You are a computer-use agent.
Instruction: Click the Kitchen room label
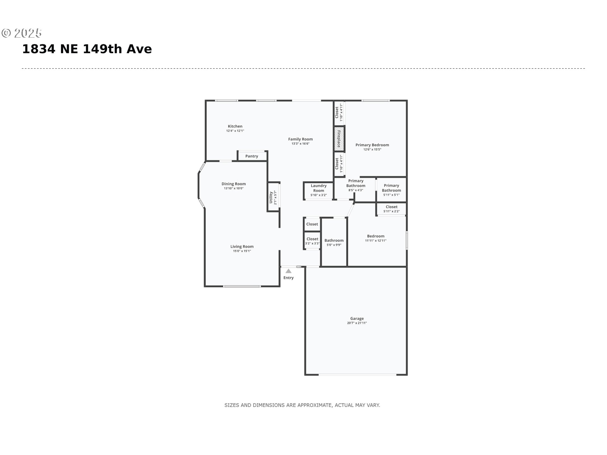(x=235, y=126)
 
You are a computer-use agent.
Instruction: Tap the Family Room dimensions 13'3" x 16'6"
(x=300, y=144)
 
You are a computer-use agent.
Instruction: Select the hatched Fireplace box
(x=339, y=139)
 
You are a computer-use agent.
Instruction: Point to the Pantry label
(x=252, y=156)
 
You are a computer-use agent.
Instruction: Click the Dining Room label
(x=234, y=184)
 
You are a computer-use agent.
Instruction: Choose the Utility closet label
(x=271, y=197)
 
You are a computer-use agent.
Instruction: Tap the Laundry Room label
(x=319, y=188)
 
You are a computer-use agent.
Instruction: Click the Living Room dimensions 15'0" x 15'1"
(x=242, y=251)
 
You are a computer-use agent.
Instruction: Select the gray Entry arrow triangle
(x=288, y=271)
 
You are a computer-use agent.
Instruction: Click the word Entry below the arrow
(x=288, y=278)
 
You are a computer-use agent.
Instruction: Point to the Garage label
(x=357, y=318)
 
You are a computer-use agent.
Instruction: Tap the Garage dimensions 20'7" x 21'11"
(x=357, y=323)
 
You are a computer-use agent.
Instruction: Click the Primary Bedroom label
(x=372, y=145)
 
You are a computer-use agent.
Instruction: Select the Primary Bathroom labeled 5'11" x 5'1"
(x=391, y=190)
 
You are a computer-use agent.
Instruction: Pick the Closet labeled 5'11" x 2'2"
(x=391, y=209)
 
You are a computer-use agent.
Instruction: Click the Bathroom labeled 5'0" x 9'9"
(x=334, y=242)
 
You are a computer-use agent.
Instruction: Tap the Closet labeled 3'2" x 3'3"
(x=312, y=241)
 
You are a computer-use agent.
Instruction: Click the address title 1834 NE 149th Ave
(x=87, y=49)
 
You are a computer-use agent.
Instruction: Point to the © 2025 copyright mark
(x=21, y=33)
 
